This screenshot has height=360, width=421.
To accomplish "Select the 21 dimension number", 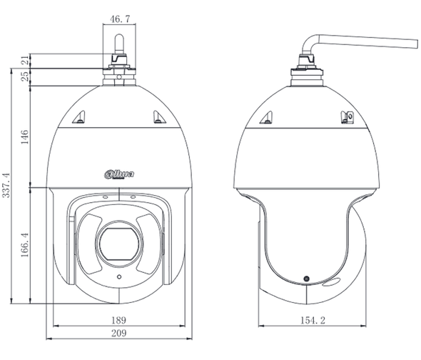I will click(24, 61).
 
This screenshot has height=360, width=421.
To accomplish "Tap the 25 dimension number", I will click(24, 77).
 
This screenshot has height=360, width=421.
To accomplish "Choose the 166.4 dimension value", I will click(24, 244).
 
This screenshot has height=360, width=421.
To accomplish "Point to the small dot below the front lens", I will click(118, 276).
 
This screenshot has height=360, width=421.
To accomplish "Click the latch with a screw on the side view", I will click(348, 117).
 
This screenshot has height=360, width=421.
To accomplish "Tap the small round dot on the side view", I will click(307, 277).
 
